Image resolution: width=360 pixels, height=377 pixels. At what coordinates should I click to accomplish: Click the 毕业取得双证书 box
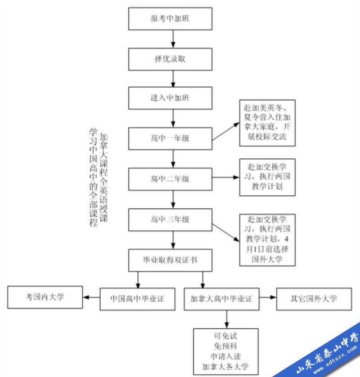pos(170,260)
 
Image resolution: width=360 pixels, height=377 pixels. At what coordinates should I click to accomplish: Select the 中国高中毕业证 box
pos(137,299)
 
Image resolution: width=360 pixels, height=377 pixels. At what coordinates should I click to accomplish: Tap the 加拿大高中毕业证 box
pos(221,299)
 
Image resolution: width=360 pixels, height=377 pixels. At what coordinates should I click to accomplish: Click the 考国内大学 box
pos(45,297)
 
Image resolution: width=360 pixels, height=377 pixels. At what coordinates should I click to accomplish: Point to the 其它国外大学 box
pos(314,299)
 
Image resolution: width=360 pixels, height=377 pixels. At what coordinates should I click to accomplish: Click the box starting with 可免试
pos(225,351)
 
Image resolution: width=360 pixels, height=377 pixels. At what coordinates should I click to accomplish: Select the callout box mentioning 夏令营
pos(267,123)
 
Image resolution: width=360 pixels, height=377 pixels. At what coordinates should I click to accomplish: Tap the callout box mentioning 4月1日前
pos(267,239)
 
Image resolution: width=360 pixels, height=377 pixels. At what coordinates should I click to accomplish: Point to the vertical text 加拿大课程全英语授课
pos(104,178)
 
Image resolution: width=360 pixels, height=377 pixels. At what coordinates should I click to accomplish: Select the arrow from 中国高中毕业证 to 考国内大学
pos(91,297)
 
